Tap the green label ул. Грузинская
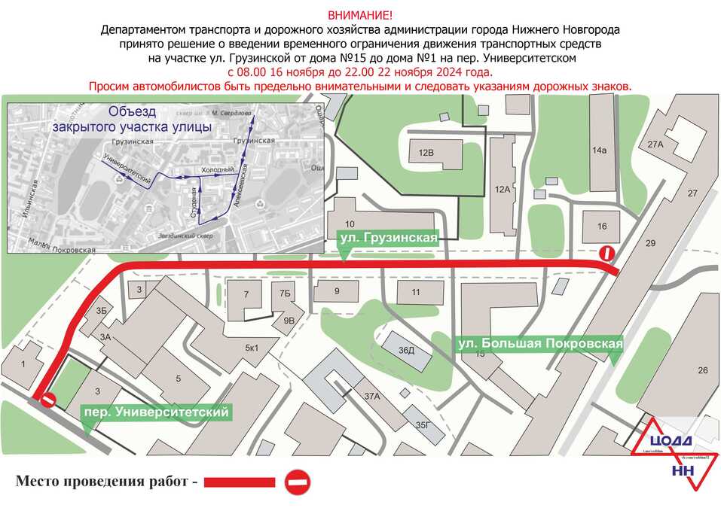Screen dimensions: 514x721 coord(388,239)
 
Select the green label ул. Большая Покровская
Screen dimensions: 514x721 coord(540,344)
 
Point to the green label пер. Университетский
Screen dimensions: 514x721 coord(156,412)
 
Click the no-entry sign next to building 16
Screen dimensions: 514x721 coord(606,254)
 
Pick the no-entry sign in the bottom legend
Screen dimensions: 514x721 coord(298,482)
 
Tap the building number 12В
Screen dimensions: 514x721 coord(426,153)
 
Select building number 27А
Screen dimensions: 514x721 coord(655,144)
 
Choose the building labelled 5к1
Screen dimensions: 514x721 coord(251,348)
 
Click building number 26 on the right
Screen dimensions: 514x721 coord(703,370)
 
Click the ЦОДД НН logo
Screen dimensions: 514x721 coord(673,455)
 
